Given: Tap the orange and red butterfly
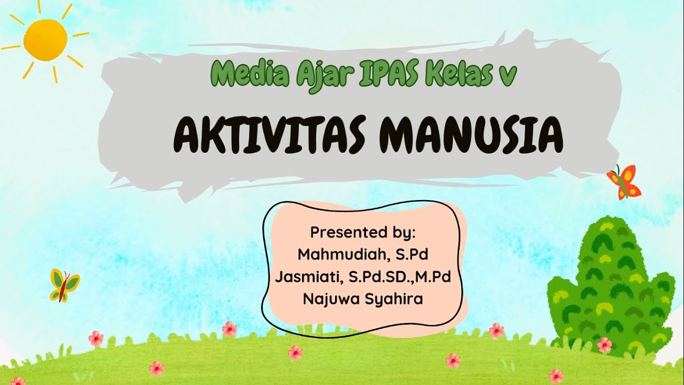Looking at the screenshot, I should [624, 181].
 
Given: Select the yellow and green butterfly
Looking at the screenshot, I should [64, 285].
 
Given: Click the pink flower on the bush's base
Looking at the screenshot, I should [604, 344].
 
